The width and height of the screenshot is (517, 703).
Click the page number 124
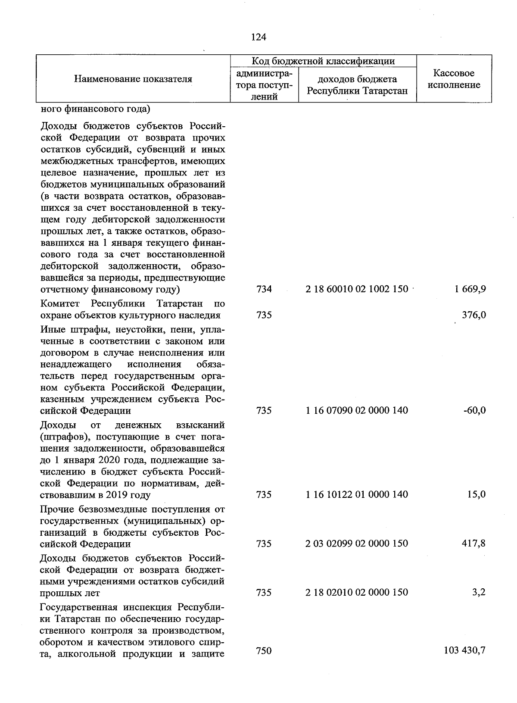pyautogui.click(x=258, y=37)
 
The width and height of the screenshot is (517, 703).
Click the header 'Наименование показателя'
pyautogui.click(x=133, y=79)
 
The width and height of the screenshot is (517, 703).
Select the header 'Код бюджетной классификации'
pyautogui.click(x=323, y=61)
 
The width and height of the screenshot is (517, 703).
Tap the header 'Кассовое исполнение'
pyautogui.click(x=454, y=79)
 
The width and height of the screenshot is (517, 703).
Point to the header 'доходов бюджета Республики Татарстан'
pyautogui.click(x=357, y=85)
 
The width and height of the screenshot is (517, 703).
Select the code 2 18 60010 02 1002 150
pyautogui.click(x=357, y=289)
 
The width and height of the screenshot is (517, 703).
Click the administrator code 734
pyautogui.click(x=264, y=289)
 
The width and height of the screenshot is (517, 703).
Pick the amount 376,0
pyautogui.click(x=474, y=315)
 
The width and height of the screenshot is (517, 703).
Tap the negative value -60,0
pyautogui.click(x=475, y=410)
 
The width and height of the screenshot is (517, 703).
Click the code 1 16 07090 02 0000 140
pyautogui.click(x=357, y=410)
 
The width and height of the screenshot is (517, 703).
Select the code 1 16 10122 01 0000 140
pyautogui.click(x=357, y=494)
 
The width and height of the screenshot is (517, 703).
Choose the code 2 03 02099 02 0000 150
pyautogui.click(x=357, y=544)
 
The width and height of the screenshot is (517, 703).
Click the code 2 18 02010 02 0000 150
pyautogui.click(x=357, y=593)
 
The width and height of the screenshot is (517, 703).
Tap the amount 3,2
pyautogui.click(x=479, y=593)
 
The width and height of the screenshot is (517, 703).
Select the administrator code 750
pyautogui.click(x=264, y=650)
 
